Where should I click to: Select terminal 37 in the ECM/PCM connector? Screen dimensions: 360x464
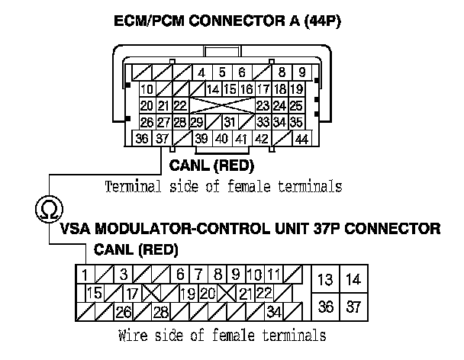162,138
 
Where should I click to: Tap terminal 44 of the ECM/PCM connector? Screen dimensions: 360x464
301,138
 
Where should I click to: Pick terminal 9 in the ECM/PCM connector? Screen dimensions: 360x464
303,73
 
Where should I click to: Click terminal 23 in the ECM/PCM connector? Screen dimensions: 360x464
262,105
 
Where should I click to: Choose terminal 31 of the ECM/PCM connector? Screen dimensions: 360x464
228,122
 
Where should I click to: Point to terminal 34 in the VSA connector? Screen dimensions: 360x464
274,311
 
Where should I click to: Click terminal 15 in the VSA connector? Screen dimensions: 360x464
95,293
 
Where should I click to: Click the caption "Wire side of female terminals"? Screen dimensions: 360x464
223,335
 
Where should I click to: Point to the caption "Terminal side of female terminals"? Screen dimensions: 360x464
223,186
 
